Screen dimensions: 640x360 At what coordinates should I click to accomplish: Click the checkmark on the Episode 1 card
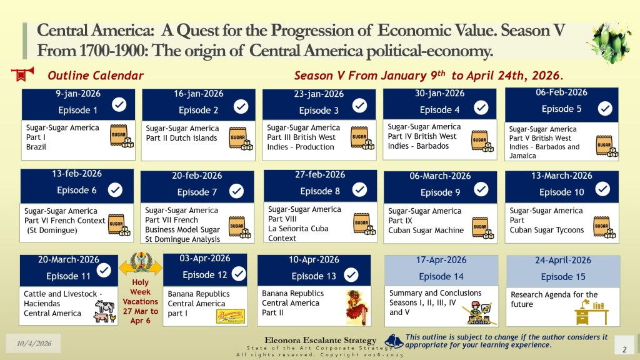click(x=119, y=104)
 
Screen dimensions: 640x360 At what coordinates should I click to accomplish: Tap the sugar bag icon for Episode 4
click(x=482, y=141)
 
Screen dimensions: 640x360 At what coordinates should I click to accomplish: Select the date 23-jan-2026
click(x=319, y=94)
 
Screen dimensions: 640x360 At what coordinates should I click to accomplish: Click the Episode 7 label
click(x=197, y=192)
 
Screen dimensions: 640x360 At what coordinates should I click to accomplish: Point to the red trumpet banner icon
click(x=22, y=74)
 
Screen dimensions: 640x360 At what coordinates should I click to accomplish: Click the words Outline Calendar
click(x=96, y=76)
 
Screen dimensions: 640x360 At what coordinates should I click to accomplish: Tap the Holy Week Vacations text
click(x=140, y=301)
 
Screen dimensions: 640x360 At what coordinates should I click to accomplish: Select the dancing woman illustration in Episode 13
click(x=357, y=307)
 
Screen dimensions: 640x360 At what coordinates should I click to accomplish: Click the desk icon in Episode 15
click(x=591, y=312)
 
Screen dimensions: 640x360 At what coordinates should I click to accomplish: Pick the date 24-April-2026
click(x=563, y=260)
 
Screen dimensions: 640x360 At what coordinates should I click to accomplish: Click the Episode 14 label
click(x=441, y=276)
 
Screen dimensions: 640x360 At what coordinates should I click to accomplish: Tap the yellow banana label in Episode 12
click(x=230, y=316)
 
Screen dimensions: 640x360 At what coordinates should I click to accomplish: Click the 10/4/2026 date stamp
click(x=34, y=343)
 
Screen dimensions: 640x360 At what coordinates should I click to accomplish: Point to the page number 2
click(x=624, y=349)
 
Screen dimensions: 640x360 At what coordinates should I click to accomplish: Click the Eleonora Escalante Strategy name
click(x=321, y=340)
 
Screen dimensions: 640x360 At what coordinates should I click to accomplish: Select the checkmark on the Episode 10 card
click(x=602, y=189)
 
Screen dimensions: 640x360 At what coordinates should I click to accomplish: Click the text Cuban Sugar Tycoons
click(x=546, y=230)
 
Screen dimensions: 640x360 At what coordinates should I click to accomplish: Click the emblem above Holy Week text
click(x=141, y=263)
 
